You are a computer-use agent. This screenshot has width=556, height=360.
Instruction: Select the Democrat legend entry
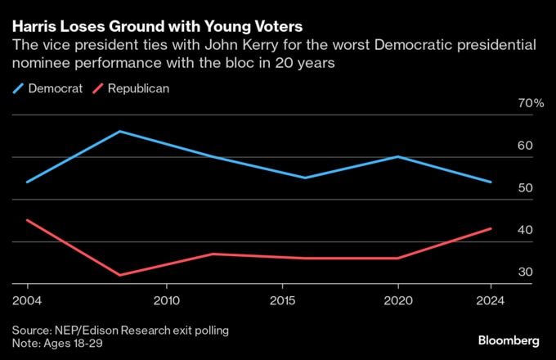tap(49, 88)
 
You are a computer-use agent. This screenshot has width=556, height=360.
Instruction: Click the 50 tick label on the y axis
tap(525, 188)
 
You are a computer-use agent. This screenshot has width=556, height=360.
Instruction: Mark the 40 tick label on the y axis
tap(525, 231)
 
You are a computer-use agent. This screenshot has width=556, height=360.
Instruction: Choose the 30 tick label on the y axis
tap(525, 272)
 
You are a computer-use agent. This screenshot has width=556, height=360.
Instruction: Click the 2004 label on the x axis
tap(28, 300)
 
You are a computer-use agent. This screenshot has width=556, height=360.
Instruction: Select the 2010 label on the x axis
tap(167, 300)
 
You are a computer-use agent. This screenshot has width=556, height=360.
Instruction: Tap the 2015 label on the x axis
tap(282, 300)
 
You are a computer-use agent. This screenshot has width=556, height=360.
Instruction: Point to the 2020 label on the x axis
tap(398, 300)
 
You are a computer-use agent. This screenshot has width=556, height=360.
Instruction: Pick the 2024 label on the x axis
tap(491, 300)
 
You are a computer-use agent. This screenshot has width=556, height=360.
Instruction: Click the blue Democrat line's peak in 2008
tap(120, 131)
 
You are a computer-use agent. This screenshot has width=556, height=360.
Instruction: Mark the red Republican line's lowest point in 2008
tap(120, 275)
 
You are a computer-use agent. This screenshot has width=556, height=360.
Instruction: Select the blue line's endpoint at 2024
tap(491, 182)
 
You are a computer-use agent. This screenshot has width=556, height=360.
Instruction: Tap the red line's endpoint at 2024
tap(491, 228)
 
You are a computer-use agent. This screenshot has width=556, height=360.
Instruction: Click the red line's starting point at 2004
tap(28, 220)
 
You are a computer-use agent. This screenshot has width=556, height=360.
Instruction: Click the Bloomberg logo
tap(508, 340)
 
